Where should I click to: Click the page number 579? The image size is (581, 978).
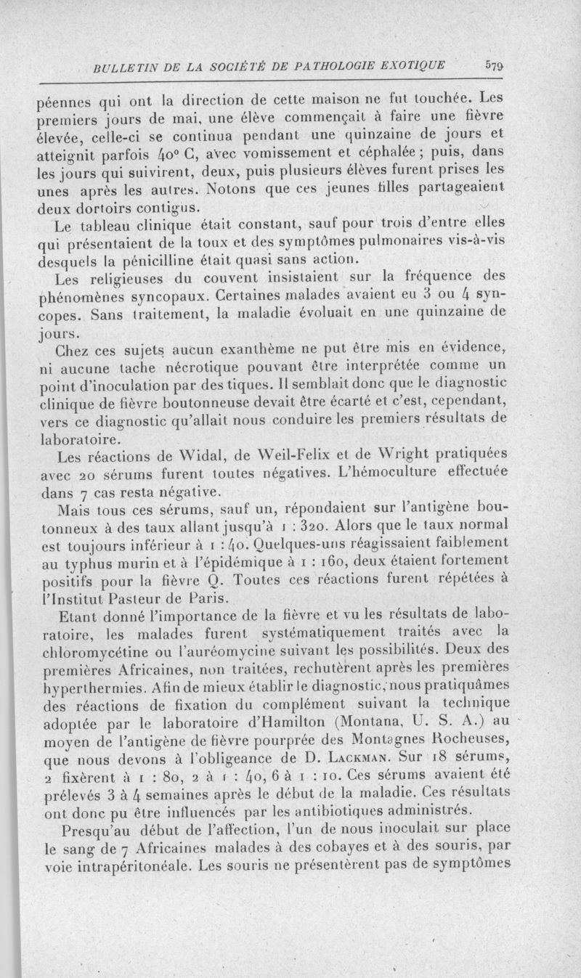pos(494,64)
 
